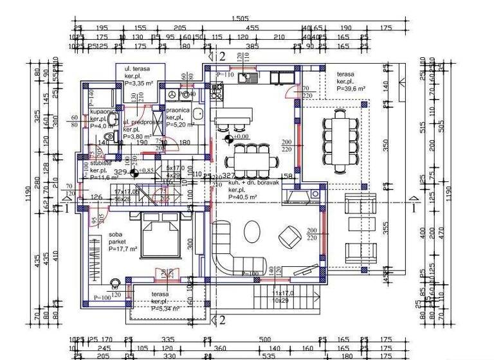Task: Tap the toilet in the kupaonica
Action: [x=107, y=137]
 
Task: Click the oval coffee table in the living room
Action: [x=252, y=231]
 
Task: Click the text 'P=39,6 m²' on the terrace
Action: [x=351, y=89]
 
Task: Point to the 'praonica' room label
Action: [x=177, y=111]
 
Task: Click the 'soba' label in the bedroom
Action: [x=116, y=234]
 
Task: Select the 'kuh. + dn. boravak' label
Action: [x=253, y=183]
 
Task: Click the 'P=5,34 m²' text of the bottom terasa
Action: [x=165, y=309]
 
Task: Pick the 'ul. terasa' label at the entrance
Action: [x=136, y=69]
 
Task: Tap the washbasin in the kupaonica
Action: [x=112, y=120]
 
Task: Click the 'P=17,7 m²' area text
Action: [x=124, y=248]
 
